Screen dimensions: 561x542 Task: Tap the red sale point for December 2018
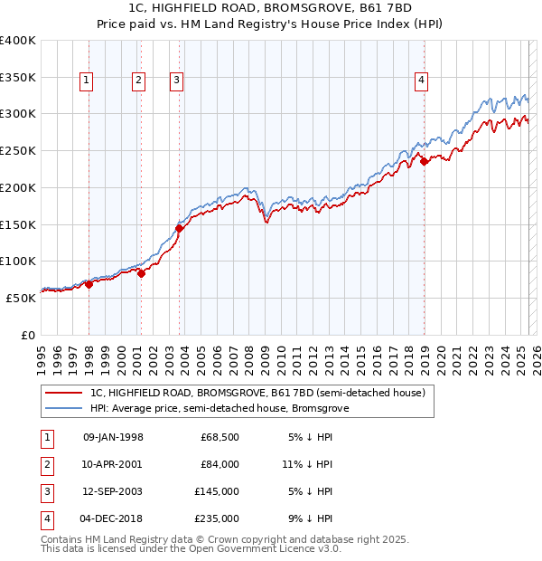[425, 162]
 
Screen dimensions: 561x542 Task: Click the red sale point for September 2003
[179, 228]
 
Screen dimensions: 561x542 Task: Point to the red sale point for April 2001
[141, 273]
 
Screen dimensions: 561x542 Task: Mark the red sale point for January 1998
[89, 284]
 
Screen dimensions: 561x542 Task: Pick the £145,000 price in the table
[217, 491]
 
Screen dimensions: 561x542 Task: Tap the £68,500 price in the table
[220, 437]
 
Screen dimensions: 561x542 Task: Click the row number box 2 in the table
[44, 464]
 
